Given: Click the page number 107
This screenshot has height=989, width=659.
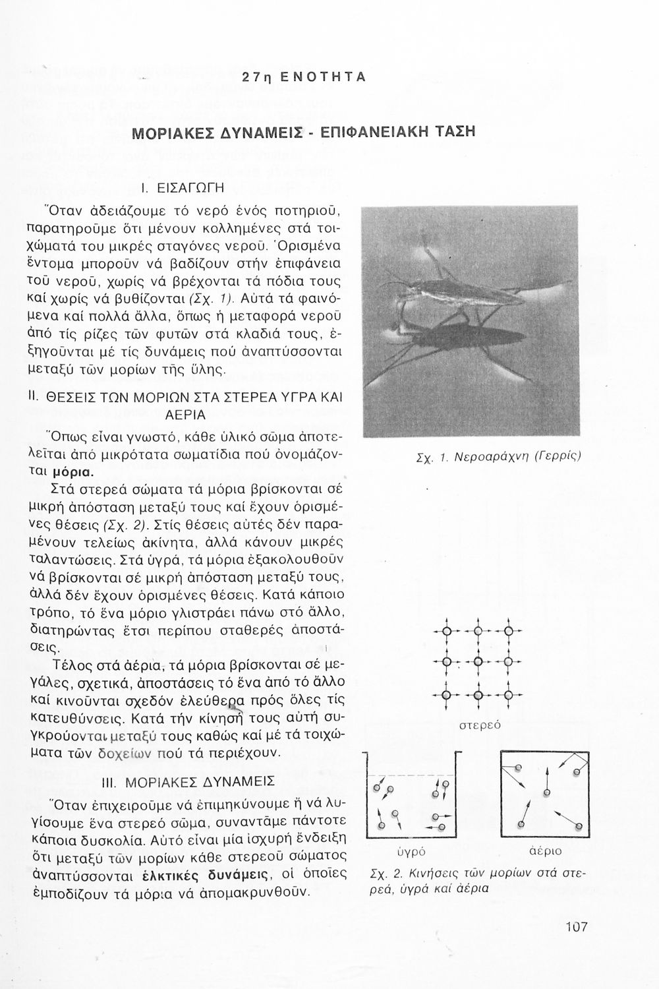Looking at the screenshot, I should coord(575,927).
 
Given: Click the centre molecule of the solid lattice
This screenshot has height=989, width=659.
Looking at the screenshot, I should coord(478,663).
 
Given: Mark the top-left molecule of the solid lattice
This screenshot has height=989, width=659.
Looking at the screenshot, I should coord(446,632).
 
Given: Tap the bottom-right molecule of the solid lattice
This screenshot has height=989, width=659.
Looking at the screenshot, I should coord(508,694).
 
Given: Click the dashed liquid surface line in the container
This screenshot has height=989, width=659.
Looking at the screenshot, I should coord(412,775).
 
